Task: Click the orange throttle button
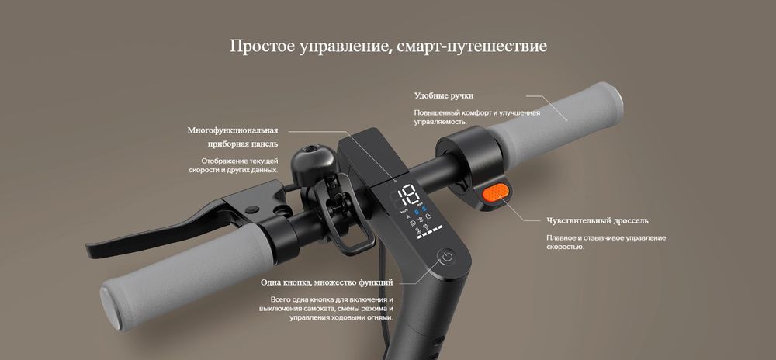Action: point(496,192)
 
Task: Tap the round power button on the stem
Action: point(447,257)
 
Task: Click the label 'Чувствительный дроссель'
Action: point(598,220)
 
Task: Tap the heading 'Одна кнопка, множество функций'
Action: point(327,282)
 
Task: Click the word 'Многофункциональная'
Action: point(233,130)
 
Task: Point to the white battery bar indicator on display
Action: point(430,232)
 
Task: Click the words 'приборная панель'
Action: point(242,144)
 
